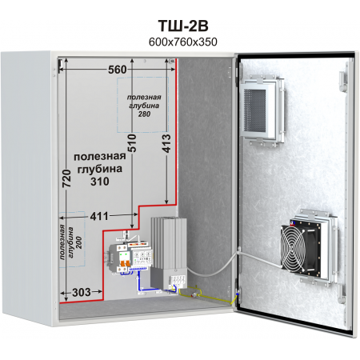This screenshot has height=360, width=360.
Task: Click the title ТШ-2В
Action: point(183,26)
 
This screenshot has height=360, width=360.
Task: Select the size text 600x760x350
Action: point(183,42)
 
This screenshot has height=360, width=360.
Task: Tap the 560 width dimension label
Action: point(118,70)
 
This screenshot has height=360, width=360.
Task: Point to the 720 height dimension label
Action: point(66,178)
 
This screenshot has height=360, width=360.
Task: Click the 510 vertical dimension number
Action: point(132,143)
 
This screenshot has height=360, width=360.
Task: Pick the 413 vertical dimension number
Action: point(166,143)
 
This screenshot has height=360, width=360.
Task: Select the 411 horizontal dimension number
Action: point(99,216)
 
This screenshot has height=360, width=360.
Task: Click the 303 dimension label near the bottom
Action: point(82,293)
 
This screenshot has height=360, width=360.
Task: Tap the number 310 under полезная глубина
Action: point(100,182)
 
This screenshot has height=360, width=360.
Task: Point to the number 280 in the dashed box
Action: point(144,114)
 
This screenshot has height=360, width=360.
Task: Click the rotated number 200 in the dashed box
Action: point(79,242)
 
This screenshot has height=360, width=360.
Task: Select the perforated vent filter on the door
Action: point(254,110)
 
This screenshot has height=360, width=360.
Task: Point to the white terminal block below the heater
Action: point(178,282)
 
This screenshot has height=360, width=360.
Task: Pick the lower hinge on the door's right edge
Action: point(342,293)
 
